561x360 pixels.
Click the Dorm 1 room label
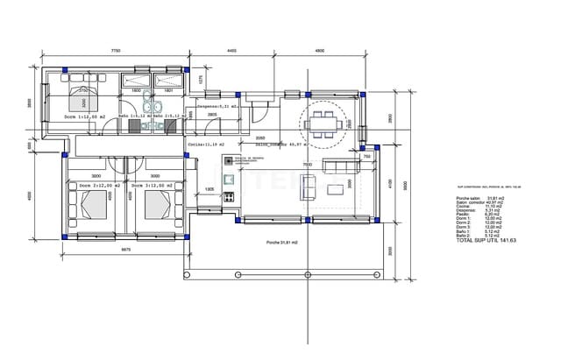tap(85, 116)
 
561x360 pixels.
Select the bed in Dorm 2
tap(90, 206)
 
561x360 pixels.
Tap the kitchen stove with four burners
tap(229, 197)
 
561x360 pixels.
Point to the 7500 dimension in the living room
tap(307, 164)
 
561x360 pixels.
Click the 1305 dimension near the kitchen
tap(209, 189)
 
